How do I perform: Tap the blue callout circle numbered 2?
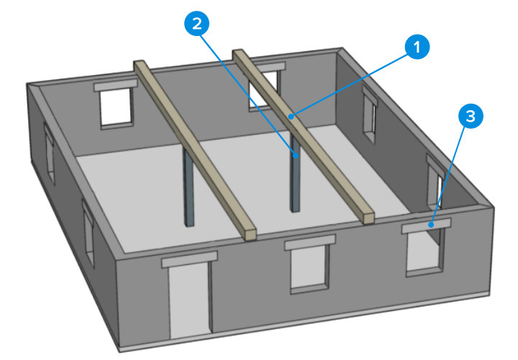(x=199, y=22)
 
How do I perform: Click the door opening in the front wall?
(x=189, y=297)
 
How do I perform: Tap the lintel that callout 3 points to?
(x=426, y=226)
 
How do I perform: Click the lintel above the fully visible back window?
(x=115, y=85)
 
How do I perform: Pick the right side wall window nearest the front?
(x=435, y=180)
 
